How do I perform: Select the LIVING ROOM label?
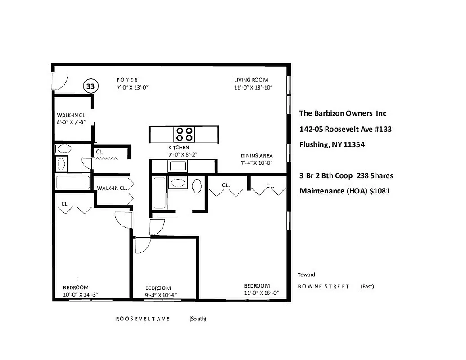[251, 80]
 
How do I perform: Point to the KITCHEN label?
[179, 148]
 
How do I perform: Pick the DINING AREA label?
[257, 156]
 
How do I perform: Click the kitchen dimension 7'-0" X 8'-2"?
[183, 154]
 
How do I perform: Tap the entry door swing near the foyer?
[60, 81]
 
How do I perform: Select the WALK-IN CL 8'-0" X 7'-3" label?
[71, 118]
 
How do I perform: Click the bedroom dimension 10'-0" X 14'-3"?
[81, 294]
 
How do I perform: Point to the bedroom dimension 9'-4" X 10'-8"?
[161, 295]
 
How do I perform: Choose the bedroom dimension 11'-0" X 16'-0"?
[262, 292]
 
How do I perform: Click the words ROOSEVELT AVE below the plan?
[143, 319]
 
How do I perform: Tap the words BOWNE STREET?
[323, 286]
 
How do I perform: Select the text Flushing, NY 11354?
[332, 145]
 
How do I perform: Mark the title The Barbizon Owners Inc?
[343, 113]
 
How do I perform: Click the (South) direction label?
[198, 319]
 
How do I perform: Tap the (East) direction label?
[367, 286]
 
